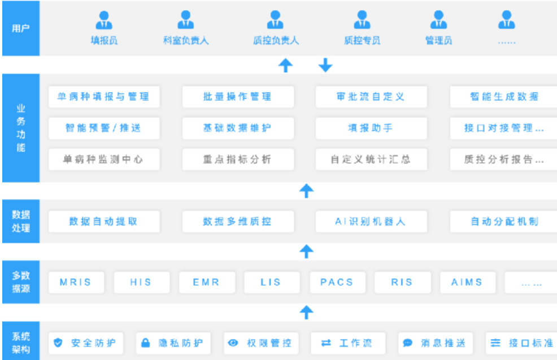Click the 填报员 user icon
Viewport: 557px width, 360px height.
(x=104, y=20)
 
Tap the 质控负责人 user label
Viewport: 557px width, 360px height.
(x=276, y=41)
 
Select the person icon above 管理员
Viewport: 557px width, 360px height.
(x=438, y=20)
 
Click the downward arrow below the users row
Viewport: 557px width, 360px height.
(x=325, y=65)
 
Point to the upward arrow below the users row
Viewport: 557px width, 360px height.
(x=286, y=66)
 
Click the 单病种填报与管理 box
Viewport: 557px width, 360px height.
(x=104, y=97)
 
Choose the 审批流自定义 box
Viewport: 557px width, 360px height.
(x=371, y=97)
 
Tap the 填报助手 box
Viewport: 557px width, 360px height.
(x=371, y=128)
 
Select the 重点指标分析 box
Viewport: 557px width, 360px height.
(x=238, y=159)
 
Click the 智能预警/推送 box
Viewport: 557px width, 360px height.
(x=104, y=128)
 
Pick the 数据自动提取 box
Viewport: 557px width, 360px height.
(x=104, y=222)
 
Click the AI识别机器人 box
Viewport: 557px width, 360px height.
(x=371, y=222)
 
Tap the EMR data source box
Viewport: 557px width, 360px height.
(x=207, y=282)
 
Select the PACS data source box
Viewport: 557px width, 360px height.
(x=337, y=282)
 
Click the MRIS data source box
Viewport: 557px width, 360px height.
(x=76, y=282)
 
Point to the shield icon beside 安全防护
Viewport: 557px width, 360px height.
(x=58, y=343)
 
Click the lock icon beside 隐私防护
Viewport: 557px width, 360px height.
(x=145, y=343)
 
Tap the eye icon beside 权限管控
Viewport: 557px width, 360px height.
(x=233, y=343)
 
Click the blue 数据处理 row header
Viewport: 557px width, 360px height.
(x=21, y=221)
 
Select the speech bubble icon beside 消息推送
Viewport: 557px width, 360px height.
(x=407, y=343)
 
